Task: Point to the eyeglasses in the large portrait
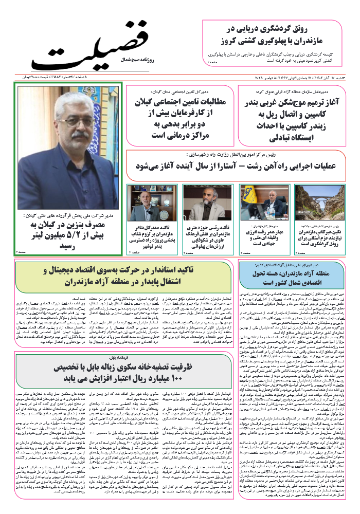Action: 71,123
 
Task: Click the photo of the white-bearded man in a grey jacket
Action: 203,201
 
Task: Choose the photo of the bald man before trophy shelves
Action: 147,201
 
